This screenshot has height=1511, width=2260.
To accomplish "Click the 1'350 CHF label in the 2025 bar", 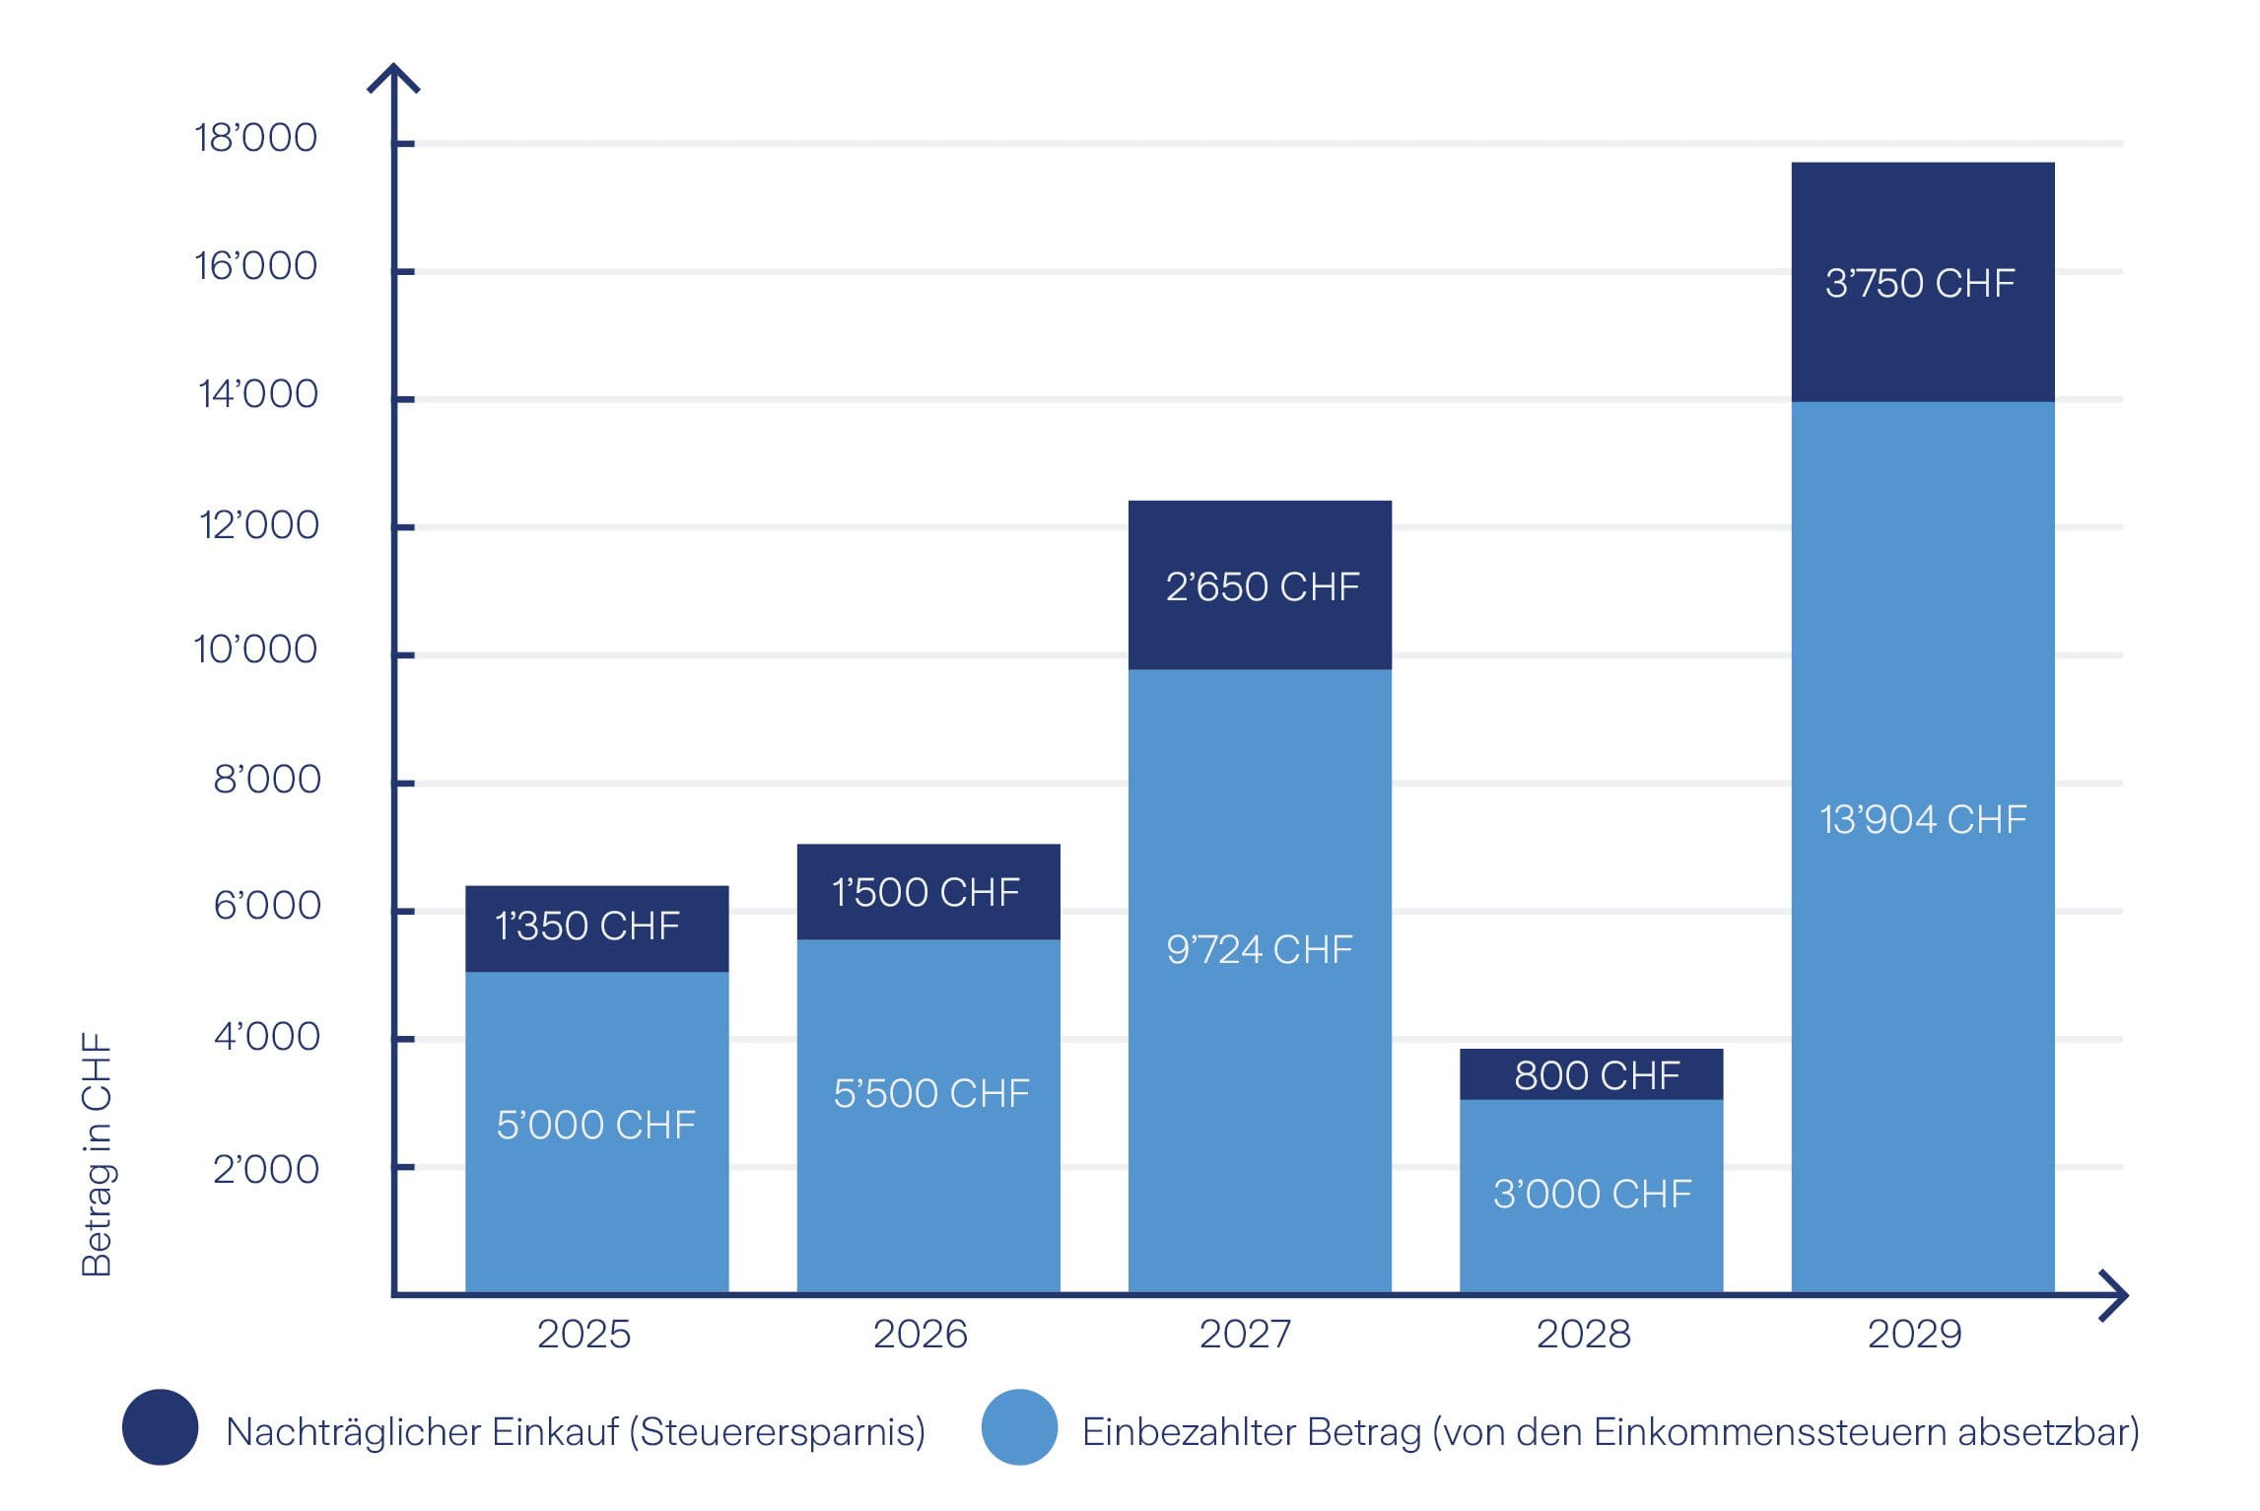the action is point(587,926).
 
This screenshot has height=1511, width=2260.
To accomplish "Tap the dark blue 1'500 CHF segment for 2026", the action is point(926,892).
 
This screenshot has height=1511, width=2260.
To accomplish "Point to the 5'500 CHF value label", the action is point(931,1093).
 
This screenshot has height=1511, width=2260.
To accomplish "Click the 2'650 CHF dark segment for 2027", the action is point(1261,586).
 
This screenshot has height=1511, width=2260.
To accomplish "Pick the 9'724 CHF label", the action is point(1259,949).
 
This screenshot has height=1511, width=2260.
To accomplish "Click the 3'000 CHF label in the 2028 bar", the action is point(1592,1194).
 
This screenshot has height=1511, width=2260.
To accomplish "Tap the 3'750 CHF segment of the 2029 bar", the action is point(1921,283).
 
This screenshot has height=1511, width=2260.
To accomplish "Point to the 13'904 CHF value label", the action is point(1923,819).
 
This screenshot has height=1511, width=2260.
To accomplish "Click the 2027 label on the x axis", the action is point(1245,1334).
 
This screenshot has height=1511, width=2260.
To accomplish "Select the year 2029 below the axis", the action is point(1914,1334).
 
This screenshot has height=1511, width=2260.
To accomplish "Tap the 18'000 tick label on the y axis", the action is point(256,137).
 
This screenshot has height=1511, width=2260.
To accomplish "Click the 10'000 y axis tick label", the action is point(255,649).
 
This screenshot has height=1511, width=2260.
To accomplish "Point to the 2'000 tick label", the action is point(266,1169).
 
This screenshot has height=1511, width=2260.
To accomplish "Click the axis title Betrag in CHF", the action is point(97,1154).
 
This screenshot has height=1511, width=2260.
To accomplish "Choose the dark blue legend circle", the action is point(160,1427).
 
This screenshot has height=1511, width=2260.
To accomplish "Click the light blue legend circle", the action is point(1019,1427).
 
